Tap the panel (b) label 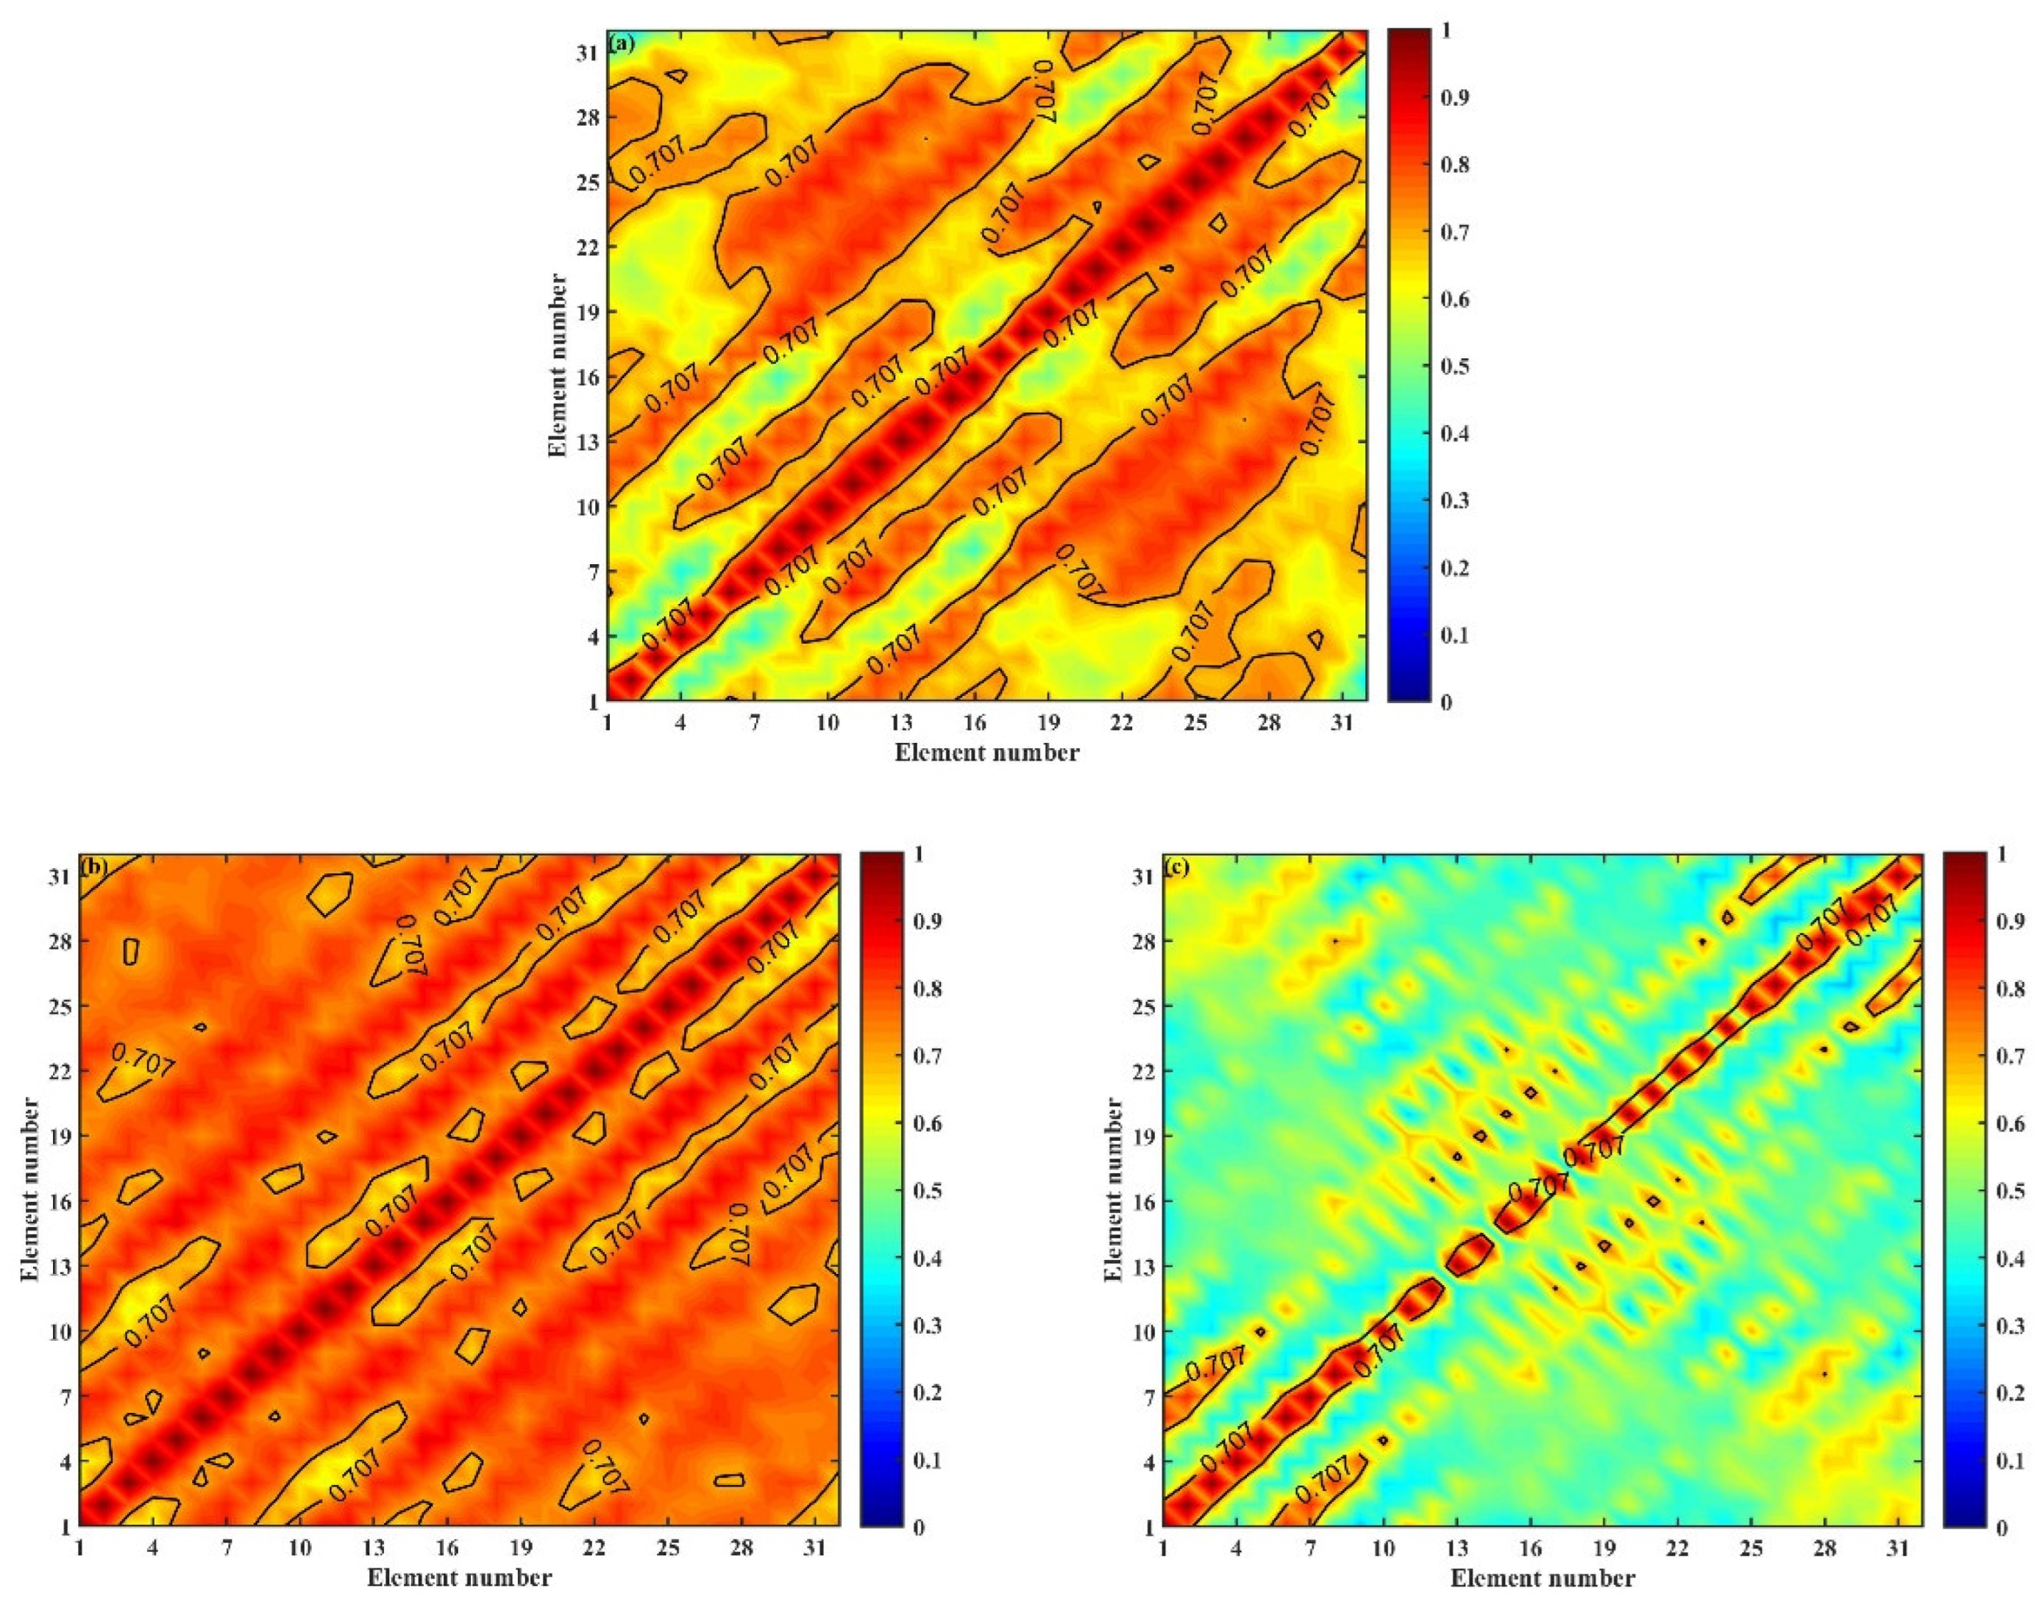[95, 866]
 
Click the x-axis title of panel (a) [986, 752]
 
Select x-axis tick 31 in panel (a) [1342, 724]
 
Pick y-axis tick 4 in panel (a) [593, 636]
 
